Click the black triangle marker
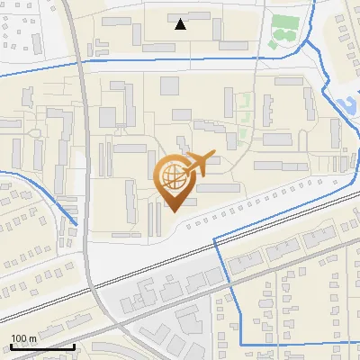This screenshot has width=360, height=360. click(x=181, y=24)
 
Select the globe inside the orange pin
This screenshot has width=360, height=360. click(x=174, y=176)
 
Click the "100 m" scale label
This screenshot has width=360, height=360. click(x=24, y=338)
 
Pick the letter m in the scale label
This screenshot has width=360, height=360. click(x=32, y=338)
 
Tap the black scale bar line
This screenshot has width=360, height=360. click(x=42, y=346)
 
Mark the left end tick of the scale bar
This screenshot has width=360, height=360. click(x=11, y=344)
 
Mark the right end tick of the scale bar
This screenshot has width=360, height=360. click(x=74, y=344)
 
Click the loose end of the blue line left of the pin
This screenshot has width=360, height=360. click(x=76, y=224)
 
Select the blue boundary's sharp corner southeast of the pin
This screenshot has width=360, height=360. click(x=214, y=238)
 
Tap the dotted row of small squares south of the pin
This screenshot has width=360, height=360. click(x=243, y=207)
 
